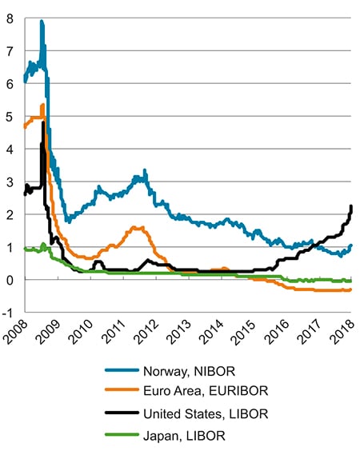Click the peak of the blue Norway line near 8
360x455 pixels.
pos(41,22)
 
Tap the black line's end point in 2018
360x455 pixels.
pos(351,207)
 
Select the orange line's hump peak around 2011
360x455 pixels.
pos(136,227)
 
